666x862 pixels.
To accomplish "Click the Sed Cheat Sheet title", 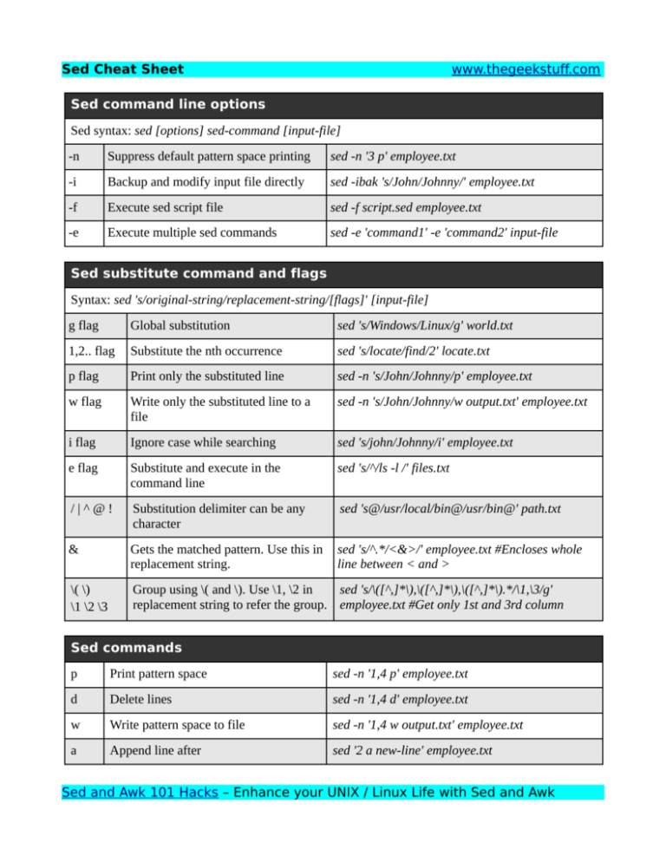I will (122, 69).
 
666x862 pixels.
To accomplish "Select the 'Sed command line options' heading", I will (168, 105).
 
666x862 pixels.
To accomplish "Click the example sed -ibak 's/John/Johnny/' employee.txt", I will (431, 183).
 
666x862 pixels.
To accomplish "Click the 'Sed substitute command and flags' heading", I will (199, 274).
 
